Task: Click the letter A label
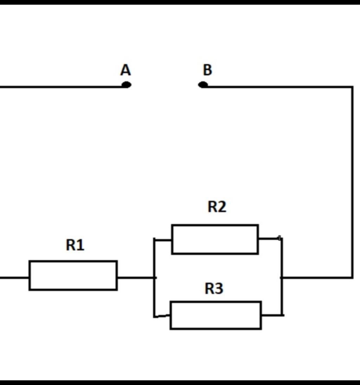[x=126, y=70]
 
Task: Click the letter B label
[x=207, y=70]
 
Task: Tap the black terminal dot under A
[x=127, y=85]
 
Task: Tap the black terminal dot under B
[x=203, y=85]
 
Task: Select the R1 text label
[x=75, y=245]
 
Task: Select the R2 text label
[x=217, y=207]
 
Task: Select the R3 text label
[x=214, y=289]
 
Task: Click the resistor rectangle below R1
[x=73, y=276]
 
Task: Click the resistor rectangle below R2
[x=215, y=239]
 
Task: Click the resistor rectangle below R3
[x=216, y=315]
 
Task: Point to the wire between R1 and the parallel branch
[x=136, y=278]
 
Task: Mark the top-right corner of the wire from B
[x=352, y=87]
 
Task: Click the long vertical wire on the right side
[x=352, y=183]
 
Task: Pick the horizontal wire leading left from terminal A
[x=60, y=87]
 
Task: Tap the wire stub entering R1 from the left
[x=14, y=278]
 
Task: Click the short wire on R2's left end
[x=163, y=240]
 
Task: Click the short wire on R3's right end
[x=272, y=315]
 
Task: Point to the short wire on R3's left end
[x=162, y=316]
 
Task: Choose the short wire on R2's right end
[x=269, y=239]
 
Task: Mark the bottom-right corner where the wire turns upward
[x=352, y=278]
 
